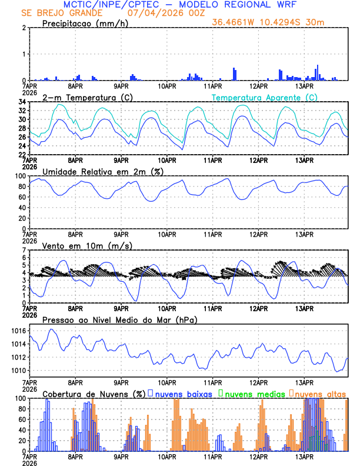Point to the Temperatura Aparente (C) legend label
[x=264, y=97]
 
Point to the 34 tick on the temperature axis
[x=21, y=102]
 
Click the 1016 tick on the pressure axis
[x=18, y=331]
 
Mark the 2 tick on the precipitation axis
[x=23, y=28]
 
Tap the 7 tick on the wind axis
[x=23, y=250]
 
